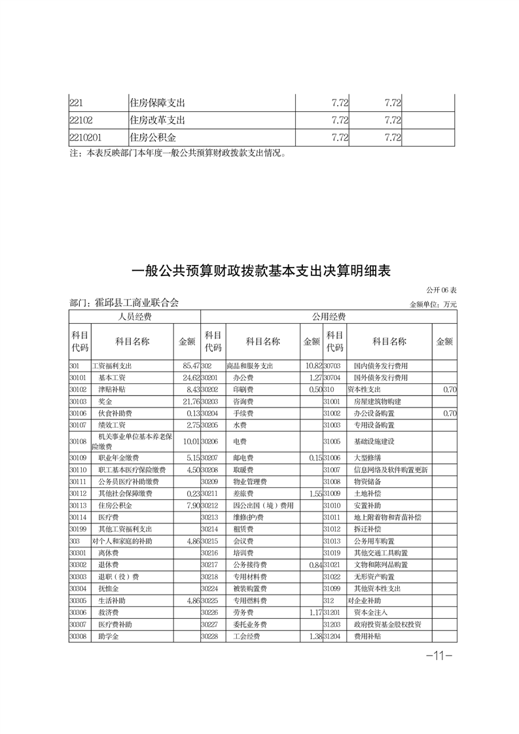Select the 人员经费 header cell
134,317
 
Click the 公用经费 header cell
329,317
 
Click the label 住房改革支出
158,120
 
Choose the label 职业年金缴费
118,458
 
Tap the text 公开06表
441,290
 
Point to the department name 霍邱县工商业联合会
137,303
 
